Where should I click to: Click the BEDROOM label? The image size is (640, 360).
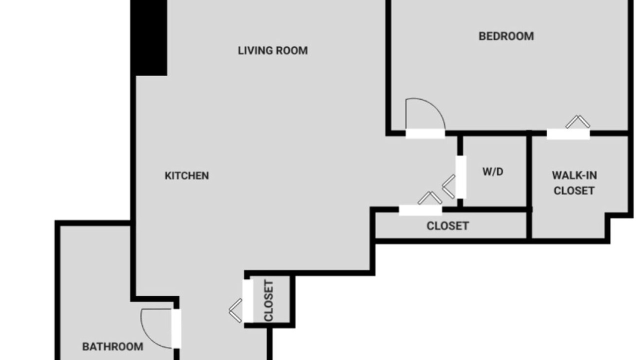pyautogui.click(x=506, y=36)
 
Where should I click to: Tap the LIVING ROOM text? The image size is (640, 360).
pyautogui.click(x=273, y=50)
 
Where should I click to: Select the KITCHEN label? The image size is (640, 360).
pyautogui.click(x=187, y=175)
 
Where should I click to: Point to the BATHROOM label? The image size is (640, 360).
pyautogui.click(x=113, y=346)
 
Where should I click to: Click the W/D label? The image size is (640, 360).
pyautogui.click(x=493, y=171)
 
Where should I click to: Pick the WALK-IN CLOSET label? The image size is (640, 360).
pyautogui.click(x=574, y=183)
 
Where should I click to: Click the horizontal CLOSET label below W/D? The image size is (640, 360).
pyautogui.click(x=447, y=226)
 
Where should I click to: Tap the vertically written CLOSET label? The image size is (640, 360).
pyautogui.click(x=269, y=301)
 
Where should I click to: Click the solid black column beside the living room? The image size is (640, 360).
pyautogui.click(x=148, y=37)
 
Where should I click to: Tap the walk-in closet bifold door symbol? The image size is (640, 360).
pyautogui.click(x=577, y=122)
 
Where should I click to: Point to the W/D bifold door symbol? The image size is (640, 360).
pyautogui.click(x=448, y=186)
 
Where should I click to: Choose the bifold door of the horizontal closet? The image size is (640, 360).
pyautogui.click(x=430, y=198)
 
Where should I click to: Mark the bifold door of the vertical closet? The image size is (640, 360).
pyautogui.click(x=235, y=310)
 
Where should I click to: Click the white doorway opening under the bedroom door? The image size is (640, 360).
pyautogui.click(x=425, y=133)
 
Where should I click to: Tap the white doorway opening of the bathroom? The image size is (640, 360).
pyautogui.click(x=176, y=328)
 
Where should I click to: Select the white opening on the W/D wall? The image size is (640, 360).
pyautogui.click(x=461, y=177)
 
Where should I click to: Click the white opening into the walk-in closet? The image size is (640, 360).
pyautogui.click(x=568, y=134)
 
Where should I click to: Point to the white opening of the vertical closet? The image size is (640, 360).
pyautogui.click(x=247, y=301)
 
